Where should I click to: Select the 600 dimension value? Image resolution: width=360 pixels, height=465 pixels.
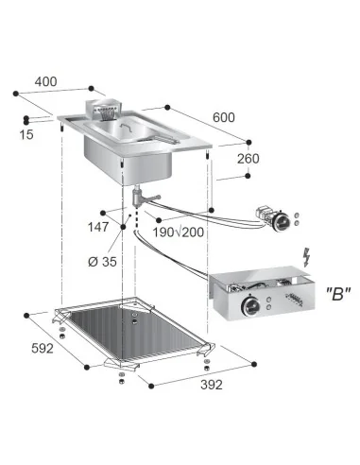[x=223, y=116]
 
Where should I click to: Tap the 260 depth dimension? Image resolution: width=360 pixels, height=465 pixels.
[x=248, y=159]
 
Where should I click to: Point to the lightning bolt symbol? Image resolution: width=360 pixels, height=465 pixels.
[x=305, y=256]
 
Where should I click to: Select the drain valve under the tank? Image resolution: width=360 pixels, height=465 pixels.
[x=140, y=195]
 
